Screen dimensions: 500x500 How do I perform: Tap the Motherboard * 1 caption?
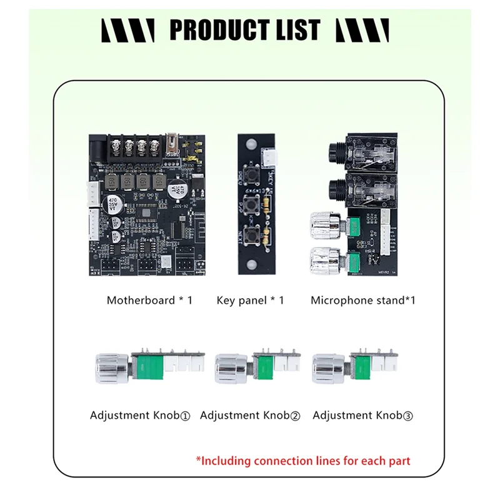pyautogui.click(x=149, y=300)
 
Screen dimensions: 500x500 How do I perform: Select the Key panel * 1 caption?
pyautogui.click(x=250, y=300)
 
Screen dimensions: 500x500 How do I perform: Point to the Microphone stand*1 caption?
pyautogui.click(x=363, y=300)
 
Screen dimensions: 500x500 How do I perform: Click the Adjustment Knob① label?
pyautogui.click(x=139, y=415)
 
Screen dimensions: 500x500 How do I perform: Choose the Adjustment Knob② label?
pyautogui.click(x=250, y=415)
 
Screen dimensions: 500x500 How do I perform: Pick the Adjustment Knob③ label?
pyautogui.click(x=363, y=415)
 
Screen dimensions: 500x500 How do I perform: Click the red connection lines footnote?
pyautogui.click(x=303, y=461)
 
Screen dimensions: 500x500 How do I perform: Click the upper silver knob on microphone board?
pyautogui.click(x=324, y=224)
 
